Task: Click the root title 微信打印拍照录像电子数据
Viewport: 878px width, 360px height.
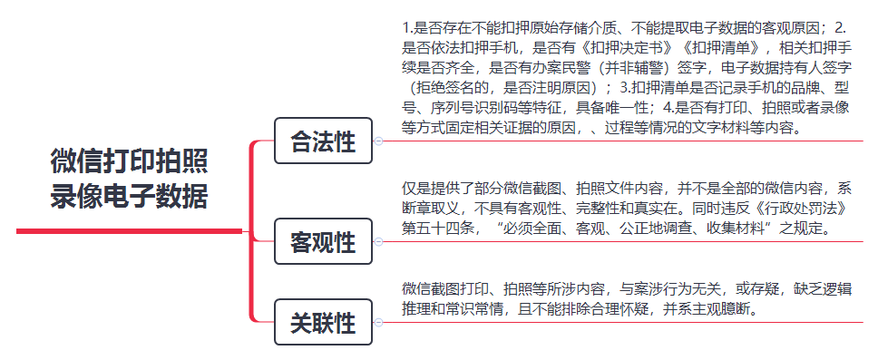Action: click(130, 179)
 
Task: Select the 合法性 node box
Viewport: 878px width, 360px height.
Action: click(323, 142)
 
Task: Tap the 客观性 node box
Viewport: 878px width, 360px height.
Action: click(323, 243)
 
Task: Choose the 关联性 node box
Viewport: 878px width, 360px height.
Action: click(323, 323)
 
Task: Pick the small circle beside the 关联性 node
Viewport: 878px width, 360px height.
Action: click(378, 322)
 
